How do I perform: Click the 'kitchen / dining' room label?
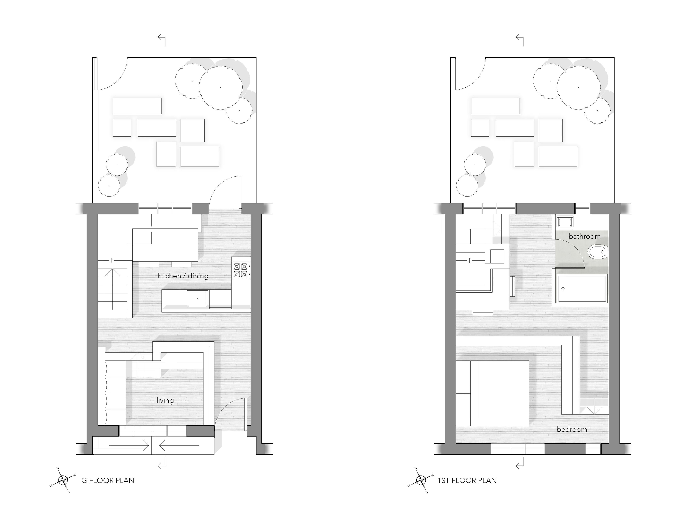183,276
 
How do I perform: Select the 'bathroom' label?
584,236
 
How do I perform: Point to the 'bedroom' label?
572,429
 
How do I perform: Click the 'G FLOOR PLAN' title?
108,481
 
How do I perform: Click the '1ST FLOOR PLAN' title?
467,481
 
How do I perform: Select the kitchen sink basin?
198,299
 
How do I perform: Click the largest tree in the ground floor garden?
221,88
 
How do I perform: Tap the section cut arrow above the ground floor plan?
162,40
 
